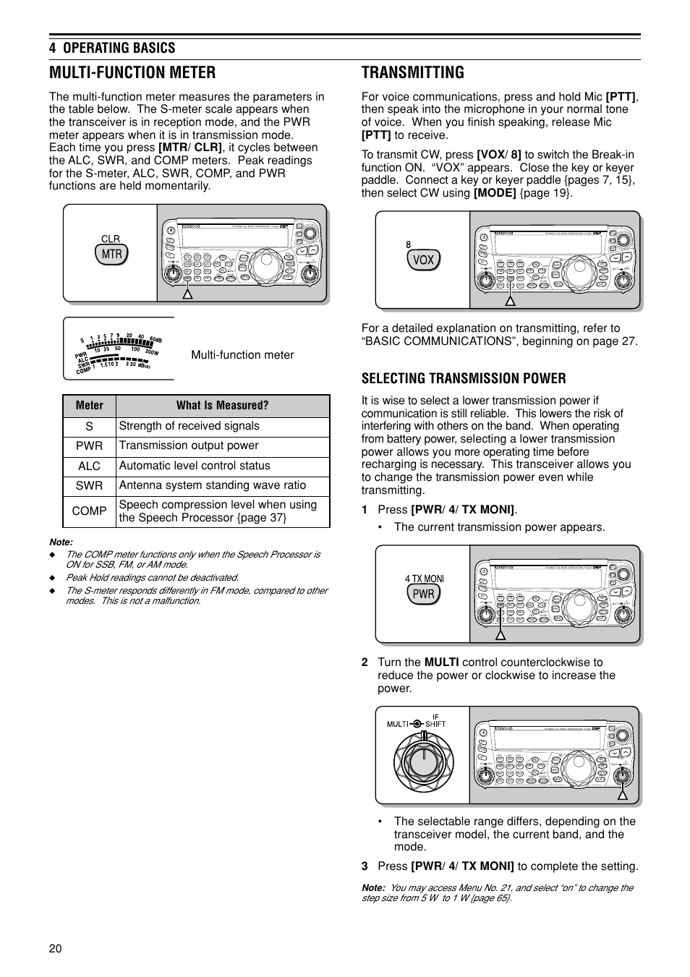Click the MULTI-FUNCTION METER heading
pos(132,72)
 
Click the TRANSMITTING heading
pos(412,72)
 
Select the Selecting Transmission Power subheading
pos(464,378)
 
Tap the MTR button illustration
pos(111,255)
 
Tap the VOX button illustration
pos(423,260)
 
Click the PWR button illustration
pos(423,594)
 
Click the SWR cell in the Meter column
pos(89,486)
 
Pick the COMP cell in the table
pos(89,511)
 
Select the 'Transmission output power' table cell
pos(189,446)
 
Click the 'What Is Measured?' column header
pos(222,406)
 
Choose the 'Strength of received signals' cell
pos(189,426)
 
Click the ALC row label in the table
pos(89,466)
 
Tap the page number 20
pos(56,949)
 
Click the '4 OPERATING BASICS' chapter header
pos(112,48)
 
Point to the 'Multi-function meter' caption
pos(242,355)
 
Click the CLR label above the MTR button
pos(111,239)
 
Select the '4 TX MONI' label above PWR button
pos(425,579)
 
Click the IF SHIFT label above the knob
pos(435,720)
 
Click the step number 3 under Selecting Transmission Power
pos(365,866)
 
